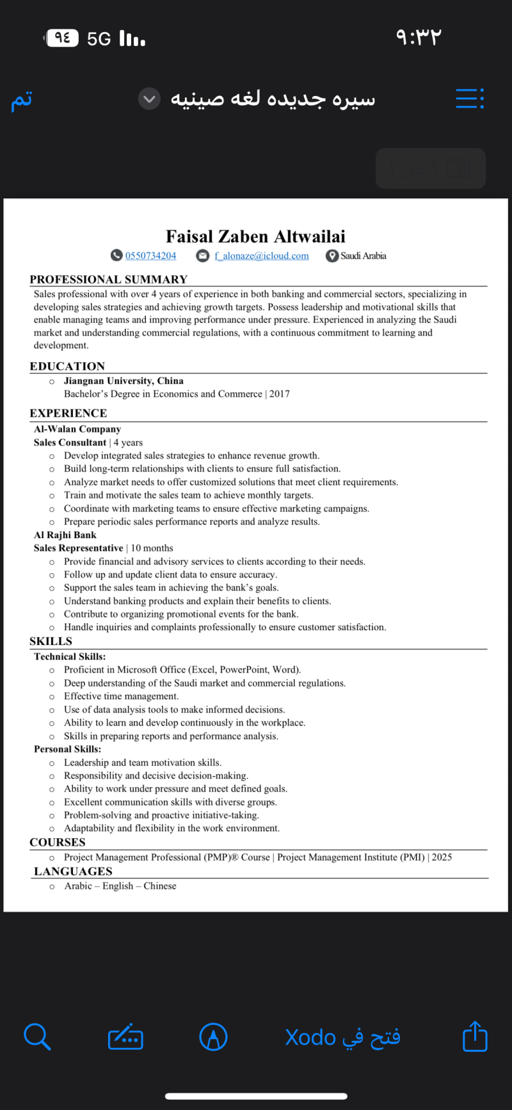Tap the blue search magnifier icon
pyautogui.click(x=37, y=1036)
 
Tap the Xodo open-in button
pyautogui.click(x=343, y=1037)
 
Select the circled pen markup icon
pyautogui.click(x=214, y=1037)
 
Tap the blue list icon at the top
pyautogui.click(x=470, y=99)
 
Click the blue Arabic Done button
pyautogui.click(x=22, y=100)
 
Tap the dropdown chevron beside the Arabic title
pyautogui.click(x=149, y=99)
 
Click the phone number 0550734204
pyautogui.click(x=150, y=256)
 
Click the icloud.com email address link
pyautogui.click(x=262, y=256)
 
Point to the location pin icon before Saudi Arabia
pyautogui.click(x=332, y=256)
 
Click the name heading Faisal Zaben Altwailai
pyautogui.click(x=255, y=237)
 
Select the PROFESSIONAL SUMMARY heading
pyautogui.click(x=109, y=280)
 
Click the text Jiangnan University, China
pyautogui.click(x=124, y=381)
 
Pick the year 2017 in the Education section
pyautogui.click(x=280, y=394)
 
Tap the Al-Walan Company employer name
pyautogui.click(x=77, y=429)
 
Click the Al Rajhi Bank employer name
pyautogui.click(x=65, y=535)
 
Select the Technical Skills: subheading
pyautogui.click(x=70, y=656)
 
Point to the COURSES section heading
pyautogui.click(x=58, y=843)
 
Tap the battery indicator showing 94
pyautogui.click(x=63, y=38)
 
